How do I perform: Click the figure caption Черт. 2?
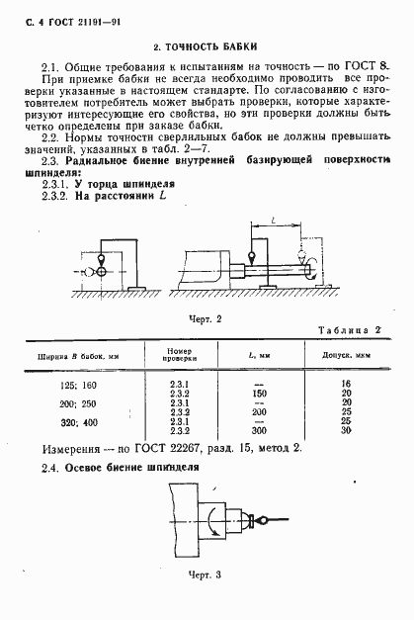pyautogui.click(x=203, y=318)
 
